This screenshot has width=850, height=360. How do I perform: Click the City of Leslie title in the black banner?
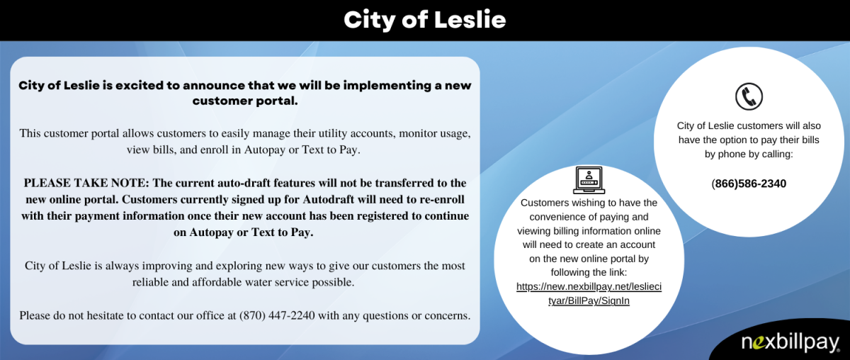click(x=425, y=20)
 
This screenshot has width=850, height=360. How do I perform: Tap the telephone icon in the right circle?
click(x=748, y=96)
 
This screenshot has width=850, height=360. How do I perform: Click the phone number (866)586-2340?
click(x=749, y=184)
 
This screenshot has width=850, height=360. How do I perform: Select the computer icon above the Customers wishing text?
click(x=588, y=180)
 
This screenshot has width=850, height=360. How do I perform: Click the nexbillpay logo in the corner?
click(x=790, y=343)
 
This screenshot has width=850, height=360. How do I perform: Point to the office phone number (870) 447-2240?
click(x=277, y=315)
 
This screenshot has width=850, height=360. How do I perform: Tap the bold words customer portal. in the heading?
click(x=245, y=101)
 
